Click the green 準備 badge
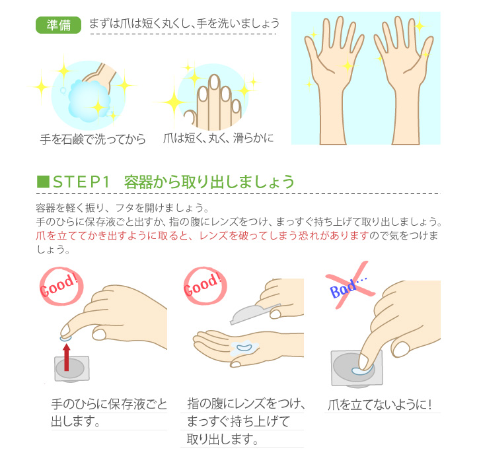coord(58,24)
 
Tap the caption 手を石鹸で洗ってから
coord(93,139)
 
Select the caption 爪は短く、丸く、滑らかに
coord(218,138)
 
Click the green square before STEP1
coord(43,182)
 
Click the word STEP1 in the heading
coord(81,182)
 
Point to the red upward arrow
coord(66,357)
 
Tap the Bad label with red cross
coord(350,285)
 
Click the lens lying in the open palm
coord(244,347)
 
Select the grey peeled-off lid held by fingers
coord(255,314)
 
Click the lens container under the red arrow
coord(72,369)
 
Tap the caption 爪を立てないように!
coord(380,405)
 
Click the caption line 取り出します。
coord(223,439)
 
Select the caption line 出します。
coord(75,421)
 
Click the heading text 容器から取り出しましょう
coord(209,182)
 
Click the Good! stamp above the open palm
coord(205,286)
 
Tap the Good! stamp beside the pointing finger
coord(61,286)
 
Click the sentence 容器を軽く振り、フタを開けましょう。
coord(122,208)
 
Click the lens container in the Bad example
coord(357,369)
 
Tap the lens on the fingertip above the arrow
coord(65,338)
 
